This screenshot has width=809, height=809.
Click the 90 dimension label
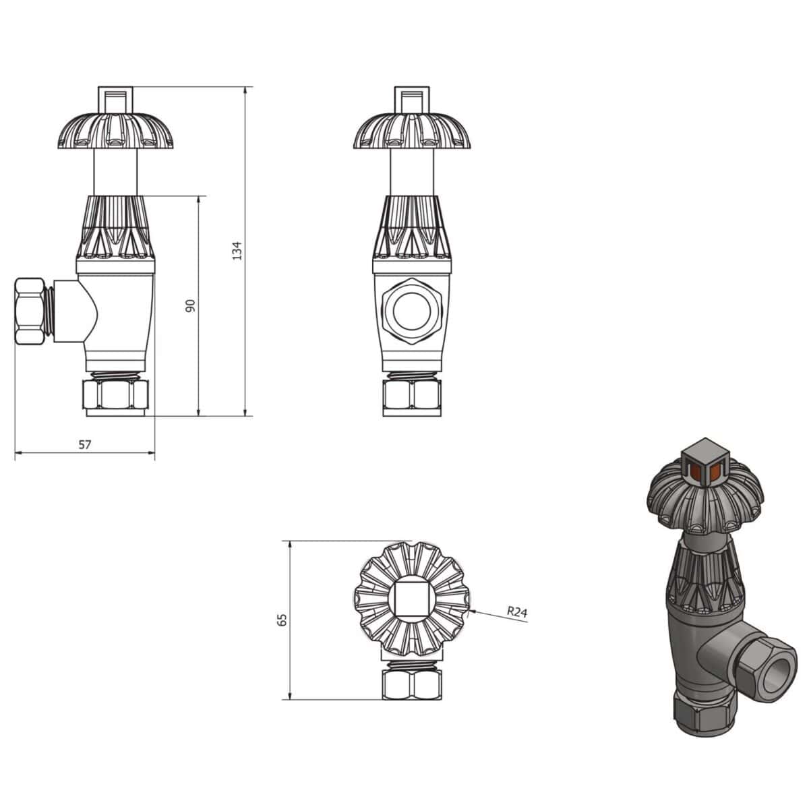[190, 305]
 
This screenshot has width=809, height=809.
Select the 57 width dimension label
[84, 444]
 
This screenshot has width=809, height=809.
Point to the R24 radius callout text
[516, 611]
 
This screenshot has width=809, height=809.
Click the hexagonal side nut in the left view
[32, 312]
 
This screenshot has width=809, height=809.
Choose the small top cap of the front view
[412, 98]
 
